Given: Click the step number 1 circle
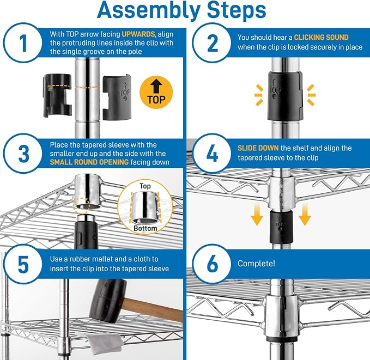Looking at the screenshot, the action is point(23,42).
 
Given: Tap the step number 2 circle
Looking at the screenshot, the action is point(212,42).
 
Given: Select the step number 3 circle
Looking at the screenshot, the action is point(23,154).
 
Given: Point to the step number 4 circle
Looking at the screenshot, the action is point(212,154).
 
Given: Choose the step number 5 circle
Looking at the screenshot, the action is point(23,264).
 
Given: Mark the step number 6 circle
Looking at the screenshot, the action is point(212,264).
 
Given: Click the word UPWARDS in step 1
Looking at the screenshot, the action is point(138,34).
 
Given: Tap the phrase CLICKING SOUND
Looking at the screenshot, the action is point(321,37).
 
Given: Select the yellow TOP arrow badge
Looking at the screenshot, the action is point(156,92).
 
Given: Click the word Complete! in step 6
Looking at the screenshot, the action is point(256,264).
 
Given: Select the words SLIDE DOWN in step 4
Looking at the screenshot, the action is point(258,148).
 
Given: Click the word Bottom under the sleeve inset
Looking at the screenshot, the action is point(145,228).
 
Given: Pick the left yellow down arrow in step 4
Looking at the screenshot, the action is point(257,215).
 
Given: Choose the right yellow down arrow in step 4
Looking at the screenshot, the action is point(305,215).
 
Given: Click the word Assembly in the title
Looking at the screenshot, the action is point(149,10).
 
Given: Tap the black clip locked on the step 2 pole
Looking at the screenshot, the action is point(285,96).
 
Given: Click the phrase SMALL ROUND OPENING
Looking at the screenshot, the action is point(89,162).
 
